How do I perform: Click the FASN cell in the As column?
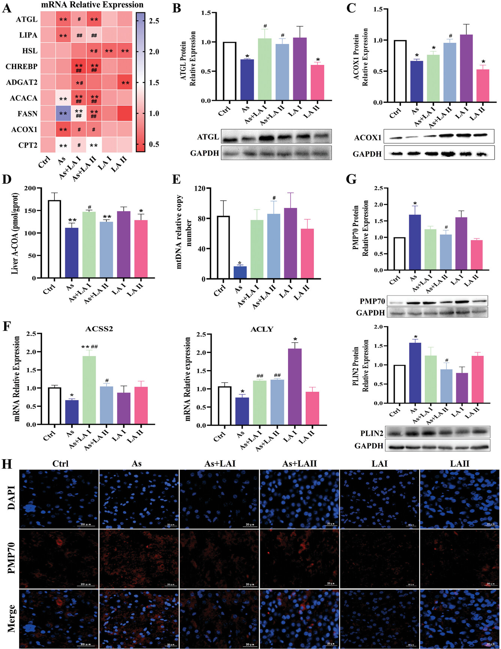tap(63, 114)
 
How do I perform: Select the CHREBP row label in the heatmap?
tap(21, 67)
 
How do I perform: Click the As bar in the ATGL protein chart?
tap(247, 80)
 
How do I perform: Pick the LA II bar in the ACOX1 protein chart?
tap(483, 86)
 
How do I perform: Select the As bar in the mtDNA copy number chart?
tap(240, 272)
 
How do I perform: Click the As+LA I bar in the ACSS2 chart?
tap(89, 390)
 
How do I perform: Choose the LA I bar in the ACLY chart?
tap(295, 387)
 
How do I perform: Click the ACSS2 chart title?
tap(99, 329)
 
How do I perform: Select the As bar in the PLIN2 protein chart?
tap(415, 373)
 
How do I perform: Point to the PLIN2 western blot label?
tap(372, 433)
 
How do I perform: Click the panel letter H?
tap(7, 464)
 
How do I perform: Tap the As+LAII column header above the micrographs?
tap(299, 464)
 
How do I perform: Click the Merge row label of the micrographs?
tap(11, 618)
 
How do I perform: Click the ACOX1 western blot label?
tap(367, 138)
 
